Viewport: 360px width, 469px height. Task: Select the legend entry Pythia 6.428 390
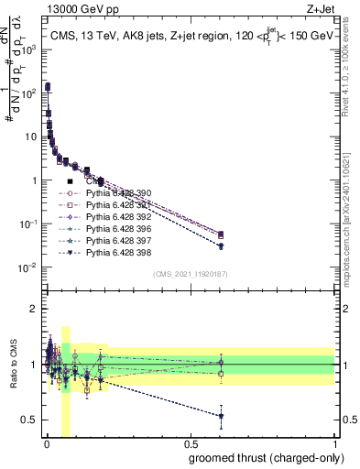(122, 193)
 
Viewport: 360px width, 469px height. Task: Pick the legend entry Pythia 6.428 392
(122, 217)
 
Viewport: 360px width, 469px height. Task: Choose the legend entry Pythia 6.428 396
(122, 229)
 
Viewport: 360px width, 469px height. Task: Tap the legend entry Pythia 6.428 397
(122, 241)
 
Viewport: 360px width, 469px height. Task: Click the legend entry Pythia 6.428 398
(122, 253)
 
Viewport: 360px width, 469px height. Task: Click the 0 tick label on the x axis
(47, 443)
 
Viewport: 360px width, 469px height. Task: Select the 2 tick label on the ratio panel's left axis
(34, 309)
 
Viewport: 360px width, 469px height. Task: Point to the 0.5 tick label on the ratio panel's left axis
(29, 420)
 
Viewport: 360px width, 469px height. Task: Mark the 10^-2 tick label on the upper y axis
(27, 267)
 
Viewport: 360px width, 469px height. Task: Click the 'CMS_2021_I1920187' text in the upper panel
(191, 273)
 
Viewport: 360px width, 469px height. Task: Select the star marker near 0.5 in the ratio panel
(221, 416)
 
